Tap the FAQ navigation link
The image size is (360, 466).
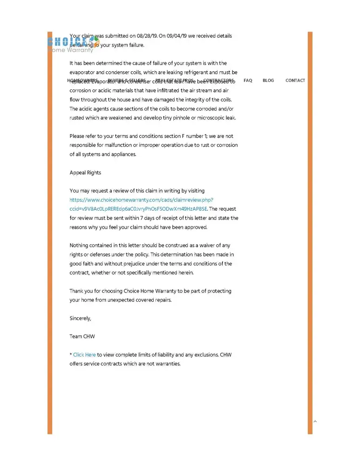pyautogui.click(x=248, y=81)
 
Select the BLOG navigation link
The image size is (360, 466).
pyautogui.click(x=268, y=81)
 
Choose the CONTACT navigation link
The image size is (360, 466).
pyautogui.click(x=295, y=81)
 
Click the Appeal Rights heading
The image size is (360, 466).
pyautogui.click(x=85, y=172)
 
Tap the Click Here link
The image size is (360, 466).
pyautogui.click(x=84, y=355)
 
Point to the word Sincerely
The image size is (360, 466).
pyautogui.click(x=80, y=318)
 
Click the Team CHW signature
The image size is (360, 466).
pyautogui.click(x=82, y=336)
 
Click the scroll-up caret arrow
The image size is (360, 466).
pyautogui.click(x=315, y=422)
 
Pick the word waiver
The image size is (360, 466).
pyautogui.click(x=208, y=245)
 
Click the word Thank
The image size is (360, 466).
pyautogui.click(x=77, y=291)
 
